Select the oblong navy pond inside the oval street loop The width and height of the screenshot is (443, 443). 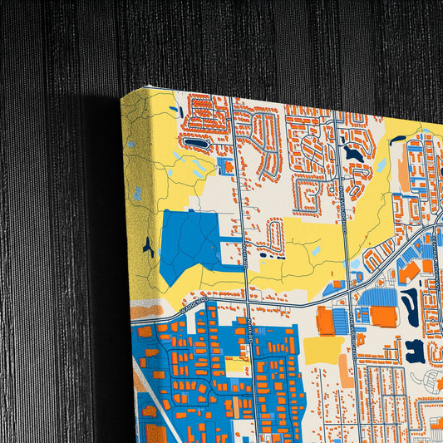(x=196, y=144)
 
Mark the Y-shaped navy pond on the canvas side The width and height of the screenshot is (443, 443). (x=147, y=246)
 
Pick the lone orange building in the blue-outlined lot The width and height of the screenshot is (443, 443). (x=227, y=165)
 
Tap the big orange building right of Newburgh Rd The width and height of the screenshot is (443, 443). (x=383, y=316)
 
